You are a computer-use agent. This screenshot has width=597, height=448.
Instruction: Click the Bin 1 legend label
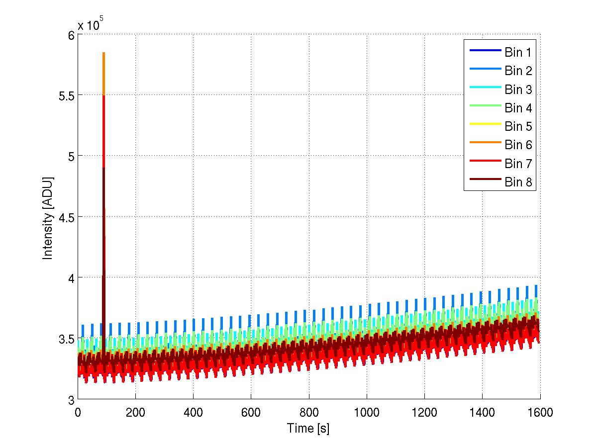click(x=518, y=52)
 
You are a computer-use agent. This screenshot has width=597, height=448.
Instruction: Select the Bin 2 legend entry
click(x=518, y=71)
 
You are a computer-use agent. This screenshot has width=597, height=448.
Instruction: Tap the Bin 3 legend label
click(x=518, y=90)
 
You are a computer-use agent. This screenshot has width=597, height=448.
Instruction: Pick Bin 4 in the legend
click(x=518, y=108)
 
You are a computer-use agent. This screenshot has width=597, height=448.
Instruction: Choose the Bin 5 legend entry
click(x=518, y=126)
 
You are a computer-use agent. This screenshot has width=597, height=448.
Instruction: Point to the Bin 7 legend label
click(x=518, y=164)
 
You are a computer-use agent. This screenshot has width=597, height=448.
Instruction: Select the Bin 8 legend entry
click(x=518, y=182)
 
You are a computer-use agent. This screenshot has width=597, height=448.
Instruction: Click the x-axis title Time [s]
click(x=308, y=428)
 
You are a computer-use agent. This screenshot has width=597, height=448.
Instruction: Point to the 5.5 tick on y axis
click(x=64, y=95)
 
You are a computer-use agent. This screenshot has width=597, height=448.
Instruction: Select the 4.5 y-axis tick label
click(x=64, y=217)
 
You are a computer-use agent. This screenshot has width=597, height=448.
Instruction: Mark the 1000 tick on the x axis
click(x=367, y=413)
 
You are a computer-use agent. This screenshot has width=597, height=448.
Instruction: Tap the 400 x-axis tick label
click(x=193, y=413)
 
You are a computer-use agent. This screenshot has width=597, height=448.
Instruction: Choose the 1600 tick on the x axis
click(x=540, y=413)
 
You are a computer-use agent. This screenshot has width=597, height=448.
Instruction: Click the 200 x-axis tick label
click(x=135, y=413)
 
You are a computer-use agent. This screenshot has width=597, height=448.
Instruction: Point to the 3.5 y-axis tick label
click(x=64, y=339)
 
